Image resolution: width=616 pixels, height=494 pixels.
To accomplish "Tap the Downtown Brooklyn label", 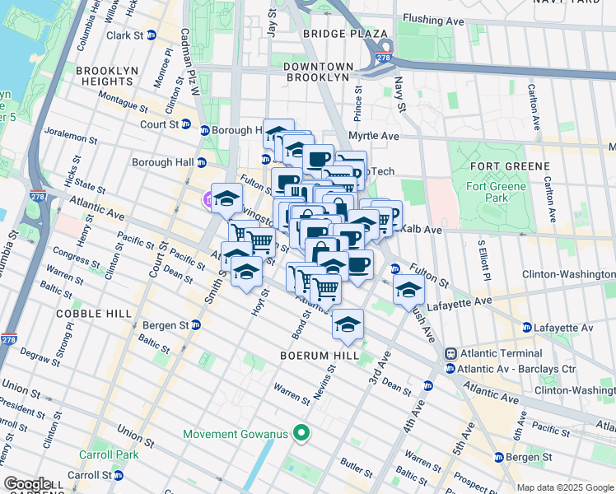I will pyautogui.click(x=318, y=71).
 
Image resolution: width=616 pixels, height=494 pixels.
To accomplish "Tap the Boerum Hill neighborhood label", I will pyautogui.click(x=319, y=356).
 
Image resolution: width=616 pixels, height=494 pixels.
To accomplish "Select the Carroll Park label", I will pyautogui.click(x=93, y=454).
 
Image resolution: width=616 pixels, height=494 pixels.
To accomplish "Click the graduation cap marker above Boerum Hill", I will pyautogui.click(x=348, y=323).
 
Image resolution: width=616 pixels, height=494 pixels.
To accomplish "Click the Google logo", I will pyautogui.click(x=28, y=484).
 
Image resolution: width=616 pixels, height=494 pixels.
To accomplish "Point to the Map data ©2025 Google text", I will pyautogui.click(x=564, y=487).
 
